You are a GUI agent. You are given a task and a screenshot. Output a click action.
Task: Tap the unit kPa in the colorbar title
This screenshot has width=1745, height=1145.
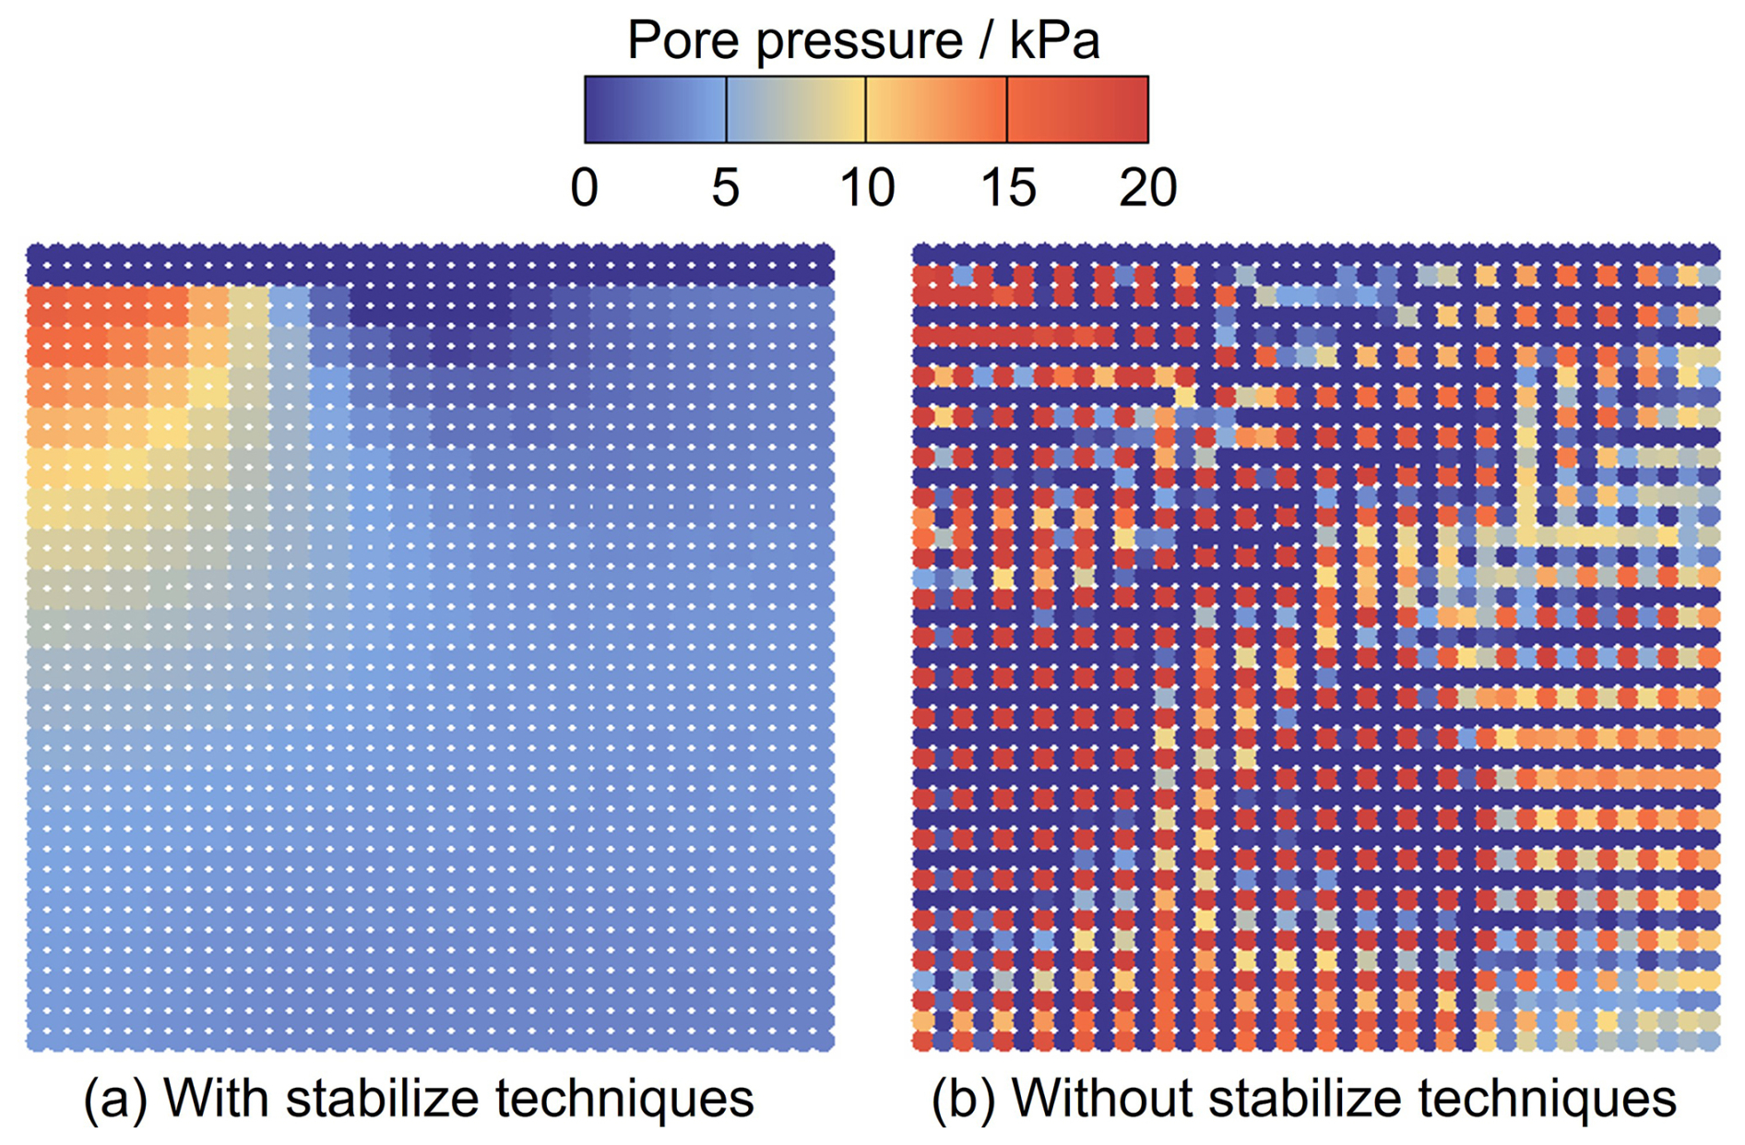[1054, 41]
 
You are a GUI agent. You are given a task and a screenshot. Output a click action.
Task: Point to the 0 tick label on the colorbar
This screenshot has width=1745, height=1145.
[585, 187]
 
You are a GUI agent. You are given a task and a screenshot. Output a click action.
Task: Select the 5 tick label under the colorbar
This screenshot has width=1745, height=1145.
[726, 187]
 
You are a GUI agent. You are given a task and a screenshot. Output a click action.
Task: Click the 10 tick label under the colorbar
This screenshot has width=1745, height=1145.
[867, 187]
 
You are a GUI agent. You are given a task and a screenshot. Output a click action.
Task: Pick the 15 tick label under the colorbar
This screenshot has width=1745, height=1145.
[1008, 187]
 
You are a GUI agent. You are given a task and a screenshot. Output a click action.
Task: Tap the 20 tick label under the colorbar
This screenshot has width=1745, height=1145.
[1148, 187]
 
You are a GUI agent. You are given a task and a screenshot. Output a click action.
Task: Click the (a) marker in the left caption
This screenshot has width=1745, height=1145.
[115, 1098]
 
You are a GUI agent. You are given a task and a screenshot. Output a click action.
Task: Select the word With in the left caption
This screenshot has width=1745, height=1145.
[216, 1098]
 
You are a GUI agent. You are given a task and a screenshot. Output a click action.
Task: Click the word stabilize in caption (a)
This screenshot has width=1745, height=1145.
[384, 1098]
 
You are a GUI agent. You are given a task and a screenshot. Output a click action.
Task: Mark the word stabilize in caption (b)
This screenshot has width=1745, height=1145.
[1306, 1098]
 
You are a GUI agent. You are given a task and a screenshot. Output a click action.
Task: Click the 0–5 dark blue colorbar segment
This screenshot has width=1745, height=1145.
[656, 110]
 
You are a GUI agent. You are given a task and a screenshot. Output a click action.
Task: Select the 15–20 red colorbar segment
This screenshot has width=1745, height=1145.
[1077, 110]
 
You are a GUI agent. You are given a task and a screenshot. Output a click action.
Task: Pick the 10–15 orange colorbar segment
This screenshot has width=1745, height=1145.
[936, 110]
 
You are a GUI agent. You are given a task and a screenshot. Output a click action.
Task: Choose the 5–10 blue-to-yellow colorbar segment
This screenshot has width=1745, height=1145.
[796, 110]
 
